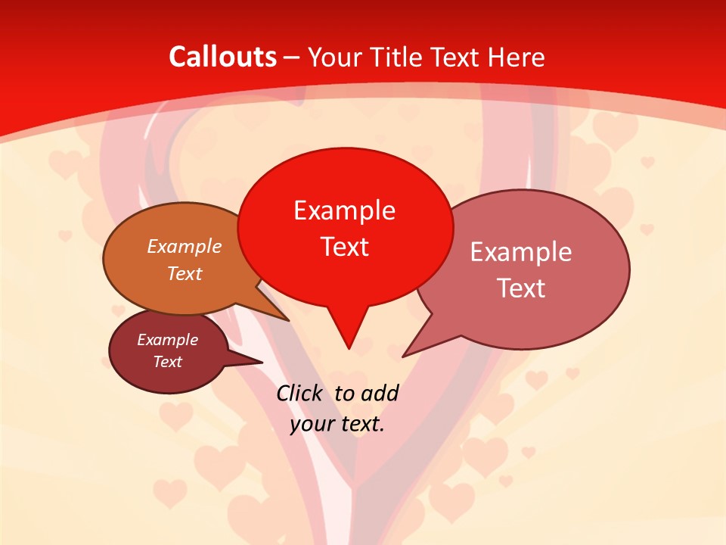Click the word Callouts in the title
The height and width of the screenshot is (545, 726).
tap(222, 57)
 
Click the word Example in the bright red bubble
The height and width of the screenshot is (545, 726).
tap(344, 210)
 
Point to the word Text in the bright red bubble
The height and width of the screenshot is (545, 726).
tap(344, 247)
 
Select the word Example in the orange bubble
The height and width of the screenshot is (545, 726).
tap(185, 246)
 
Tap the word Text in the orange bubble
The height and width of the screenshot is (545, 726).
tap(185, 273)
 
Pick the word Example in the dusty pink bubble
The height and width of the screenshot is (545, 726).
tap(521, 252)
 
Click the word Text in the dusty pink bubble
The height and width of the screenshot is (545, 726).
tap(521, 288)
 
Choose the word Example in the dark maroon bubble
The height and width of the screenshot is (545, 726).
tap(167, 340)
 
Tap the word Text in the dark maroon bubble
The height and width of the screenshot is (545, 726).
tap(167, 362)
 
